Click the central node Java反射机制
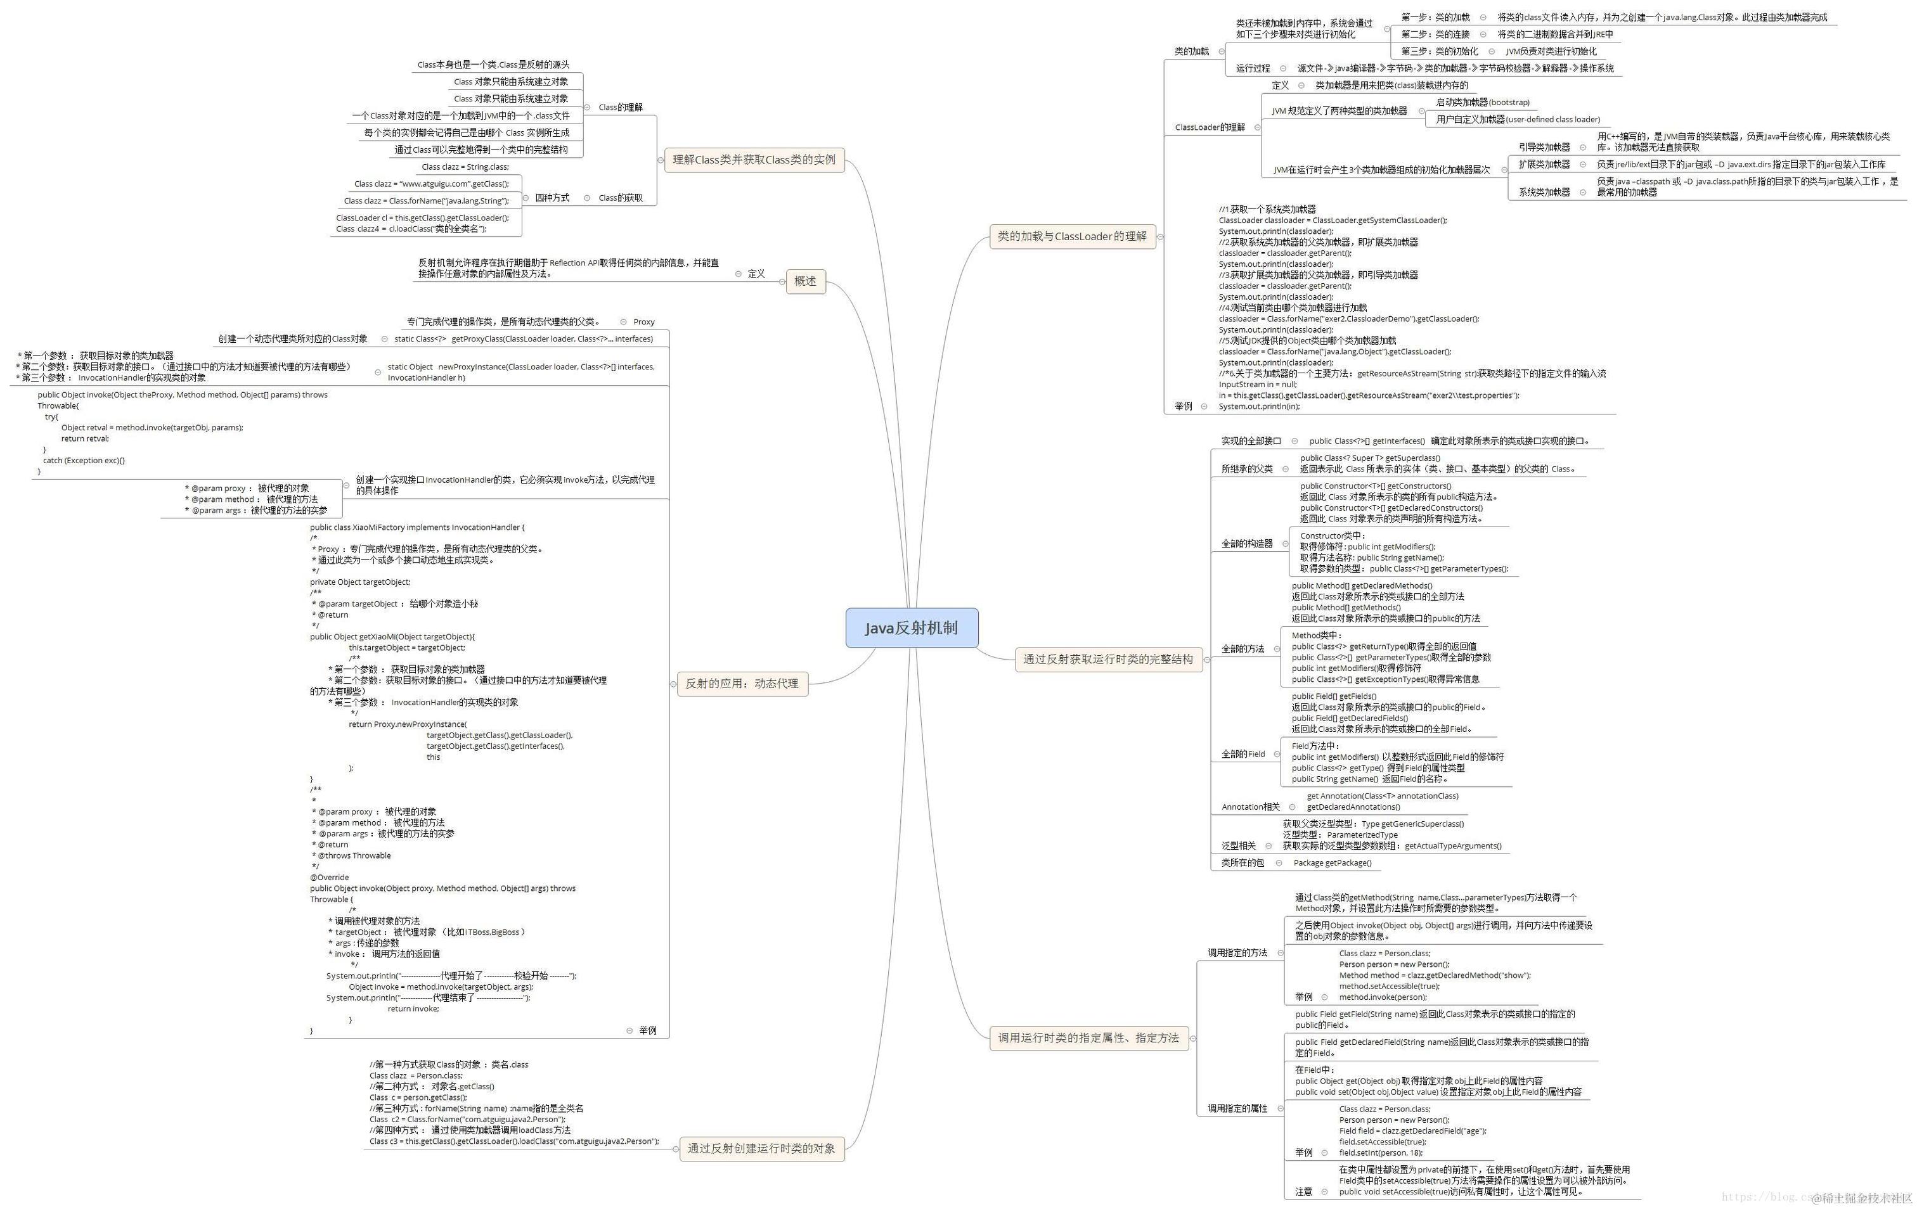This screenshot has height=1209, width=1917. click(x=912, y=628)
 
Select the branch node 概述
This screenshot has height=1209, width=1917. click(x=805, y=281)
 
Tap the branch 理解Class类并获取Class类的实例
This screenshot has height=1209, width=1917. click(x=754, y=160)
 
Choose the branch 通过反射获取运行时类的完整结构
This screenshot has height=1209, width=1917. click(x=1107, y=659)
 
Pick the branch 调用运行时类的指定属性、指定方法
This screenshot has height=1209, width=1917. click(x=1088, y=1038)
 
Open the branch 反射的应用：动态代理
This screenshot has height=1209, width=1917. click(x=741, y=684)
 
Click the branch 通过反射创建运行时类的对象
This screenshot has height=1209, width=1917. click(x=761, y=1149)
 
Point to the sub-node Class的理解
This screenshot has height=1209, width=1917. click(x=620, y=108)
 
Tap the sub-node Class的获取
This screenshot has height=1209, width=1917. click(x=620, y=198)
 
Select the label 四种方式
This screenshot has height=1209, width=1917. click(x=552, y=198)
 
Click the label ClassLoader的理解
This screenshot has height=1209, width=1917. click(x=1210, y=127)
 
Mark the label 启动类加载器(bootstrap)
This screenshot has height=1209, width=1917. click(x=1482, y=103)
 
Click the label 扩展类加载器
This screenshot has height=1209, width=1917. click(x=1544, y=165)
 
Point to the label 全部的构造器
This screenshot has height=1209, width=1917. click(x=1247, y=544)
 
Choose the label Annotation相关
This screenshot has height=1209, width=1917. click(x=1251, y=807)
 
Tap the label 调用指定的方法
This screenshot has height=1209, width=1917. click(x=1237, y=953)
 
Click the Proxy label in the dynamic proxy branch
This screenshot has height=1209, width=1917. click(x=643, y=323)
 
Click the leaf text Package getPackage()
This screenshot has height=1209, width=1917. click(x=1332, y=863)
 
